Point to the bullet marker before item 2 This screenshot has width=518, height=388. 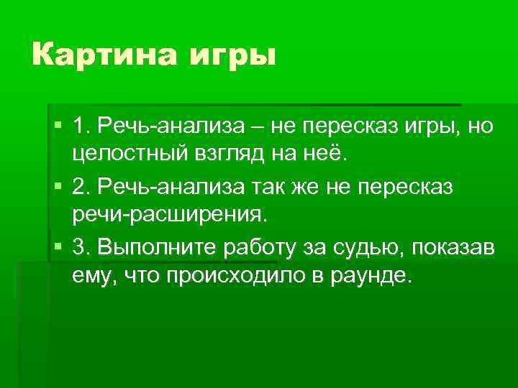tap(58, 187)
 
